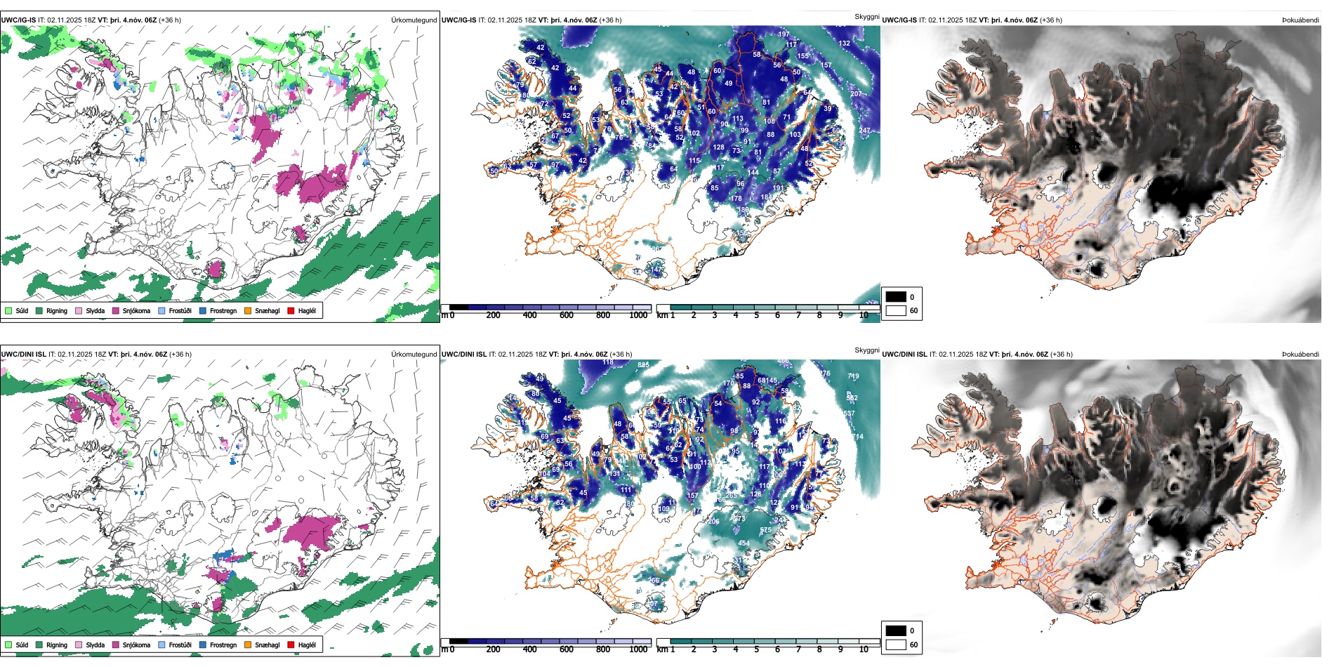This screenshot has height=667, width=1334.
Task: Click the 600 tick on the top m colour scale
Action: (x=567, y=315)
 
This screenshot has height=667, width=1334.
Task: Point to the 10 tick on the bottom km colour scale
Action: (x=864, y=649)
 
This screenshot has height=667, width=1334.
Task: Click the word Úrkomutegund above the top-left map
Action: (x=414, y=20)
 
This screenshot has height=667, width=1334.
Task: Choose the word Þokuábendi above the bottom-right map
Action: (x=1300, y=355)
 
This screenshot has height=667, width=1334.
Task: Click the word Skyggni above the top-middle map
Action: (x=866, y=16)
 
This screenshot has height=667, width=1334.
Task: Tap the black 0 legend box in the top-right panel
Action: (x=896, y=297)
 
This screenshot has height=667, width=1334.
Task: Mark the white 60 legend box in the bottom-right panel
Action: (x=896, y=645)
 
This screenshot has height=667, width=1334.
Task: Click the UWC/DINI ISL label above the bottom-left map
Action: (x=23, y=355)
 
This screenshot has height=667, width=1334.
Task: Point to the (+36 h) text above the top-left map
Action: (x=170, y=20)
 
